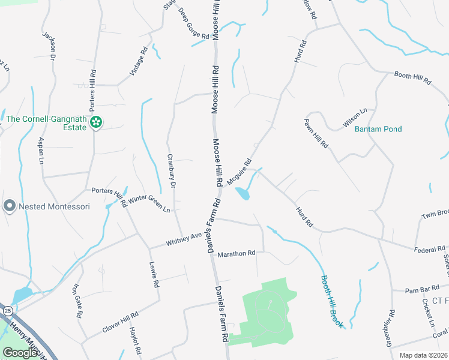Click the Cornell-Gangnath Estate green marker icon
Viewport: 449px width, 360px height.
[x=95, y=123]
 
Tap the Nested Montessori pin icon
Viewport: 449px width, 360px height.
[x=9, y=206]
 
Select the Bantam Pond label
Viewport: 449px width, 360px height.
[x=378, y=129]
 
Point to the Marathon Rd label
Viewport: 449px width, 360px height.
[x=237, y=254]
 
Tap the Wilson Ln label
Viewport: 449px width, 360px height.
[x=354, y=118]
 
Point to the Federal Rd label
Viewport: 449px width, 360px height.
[x=429, y=248]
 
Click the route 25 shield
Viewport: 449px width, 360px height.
[x=7, y=310]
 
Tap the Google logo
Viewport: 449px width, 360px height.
[x=20, y=353]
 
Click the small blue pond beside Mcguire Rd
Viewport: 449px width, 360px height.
[x=243, y=193]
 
